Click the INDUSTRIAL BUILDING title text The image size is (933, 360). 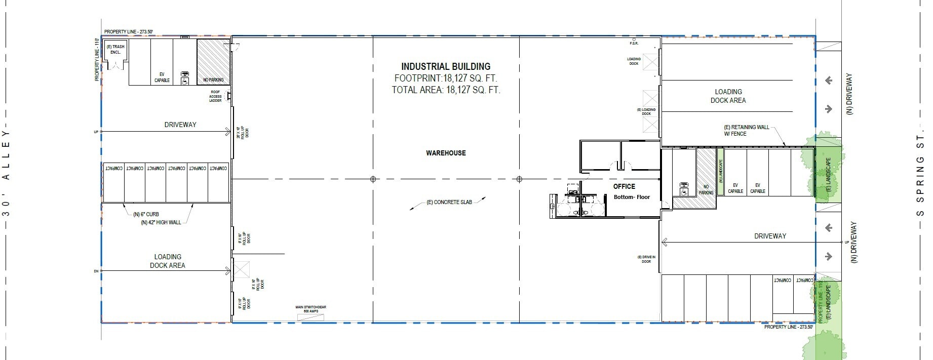446,66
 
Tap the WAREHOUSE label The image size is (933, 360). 446,153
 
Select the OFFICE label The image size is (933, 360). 624,186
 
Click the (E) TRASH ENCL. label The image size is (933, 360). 115,49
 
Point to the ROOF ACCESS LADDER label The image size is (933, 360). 215,96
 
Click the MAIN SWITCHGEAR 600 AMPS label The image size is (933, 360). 310,309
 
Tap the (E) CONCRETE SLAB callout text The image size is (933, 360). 449,202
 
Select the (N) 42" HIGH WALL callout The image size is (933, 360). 161,222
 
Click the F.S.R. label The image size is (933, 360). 634,44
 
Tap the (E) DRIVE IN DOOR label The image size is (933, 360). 646,259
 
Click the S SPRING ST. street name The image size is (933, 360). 920,172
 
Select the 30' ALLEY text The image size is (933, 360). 6,172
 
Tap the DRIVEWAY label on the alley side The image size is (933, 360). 180,125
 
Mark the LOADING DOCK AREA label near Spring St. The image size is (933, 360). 728,96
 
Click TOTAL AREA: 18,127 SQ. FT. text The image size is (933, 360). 446,90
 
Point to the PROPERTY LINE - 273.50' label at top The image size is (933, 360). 128,32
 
